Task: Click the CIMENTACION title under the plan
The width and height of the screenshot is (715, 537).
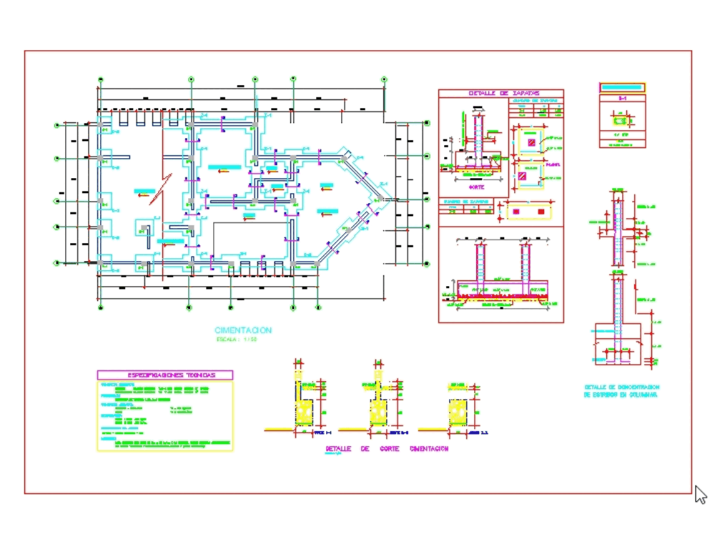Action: [x=243, y=330]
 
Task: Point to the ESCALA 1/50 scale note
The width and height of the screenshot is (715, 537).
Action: [x=236, y=340]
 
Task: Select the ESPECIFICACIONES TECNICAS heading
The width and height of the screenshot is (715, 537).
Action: [x=165, y=375]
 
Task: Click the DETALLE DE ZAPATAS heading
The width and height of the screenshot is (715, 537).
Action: [x=500, y=93]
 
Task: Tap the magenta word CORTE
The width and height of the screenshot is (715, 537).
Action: [x=475, y=186]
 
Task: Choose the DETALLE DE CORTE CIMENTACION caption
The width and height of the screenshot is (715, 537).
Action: [x=387, y=449]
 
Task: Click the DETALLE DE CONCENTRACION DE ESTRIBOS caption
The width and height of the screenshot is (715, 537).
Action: [x=621, y=390]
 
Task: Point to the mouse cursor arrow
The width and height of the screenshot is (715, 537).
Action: [x=700, y=494]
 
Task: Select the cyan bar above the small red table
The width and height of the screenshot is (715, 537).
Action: [x=622, y=87]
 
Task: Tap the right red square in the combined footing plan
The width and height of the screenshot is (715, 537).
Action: [x=541, y=212]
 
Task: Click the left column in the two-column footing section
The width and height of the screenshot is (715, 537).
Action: [x=480, y=265]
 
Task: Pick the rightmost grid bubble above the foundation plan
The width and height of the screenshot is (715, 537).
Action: [x=384, y=79]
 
